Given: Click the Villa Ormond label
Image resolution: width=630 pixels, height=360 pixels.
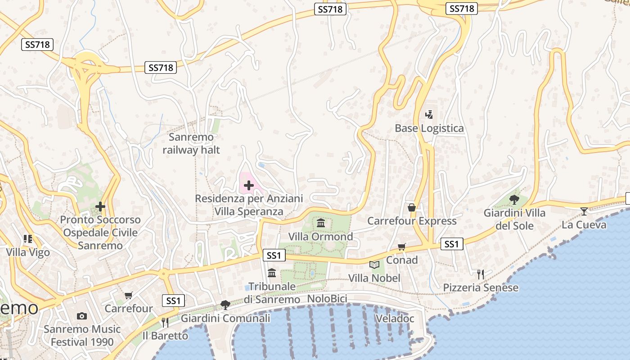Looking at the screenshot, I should (x=320, y=237).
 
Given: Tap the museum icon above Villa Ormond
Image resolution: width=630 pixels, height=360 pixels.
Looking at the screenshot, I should (x=321, y=223).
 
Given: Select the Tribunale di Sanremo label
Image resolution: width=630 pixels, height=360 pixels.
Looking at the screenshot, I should (x=272, y=292).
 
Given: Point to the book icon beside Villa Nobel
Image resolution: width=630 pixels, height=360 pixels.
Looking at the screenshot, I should (x=374, y=265).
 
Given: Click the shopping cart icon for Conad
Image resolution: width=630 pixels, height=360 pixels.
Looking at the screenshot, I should (x=402, y=247).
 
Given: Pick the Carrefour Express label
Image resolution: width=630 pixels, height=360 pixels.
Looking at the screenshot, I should (x=412, y=221).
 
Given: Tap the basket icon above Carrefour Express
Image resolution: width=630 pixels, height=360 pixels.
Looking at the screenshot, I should (x=412, y=207).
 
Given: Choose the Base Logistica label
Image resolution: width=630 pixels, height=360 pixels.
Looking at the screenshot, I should (x=429, y=128).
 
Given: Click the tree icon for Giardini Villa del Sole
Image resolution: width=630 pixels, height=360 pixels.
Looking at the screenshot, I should (x=514, y=199).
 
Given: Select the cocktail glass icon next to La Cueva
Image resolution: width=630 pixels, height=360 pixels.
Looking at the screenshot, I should (x=584, y=211).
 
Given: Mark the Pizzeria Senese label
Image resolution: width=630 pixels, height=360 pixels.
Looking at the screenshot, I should (x=481, y=288).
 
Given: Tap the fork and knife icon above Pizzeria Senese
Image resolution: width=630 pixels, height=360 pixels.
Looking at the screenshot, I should (x=481, y=274).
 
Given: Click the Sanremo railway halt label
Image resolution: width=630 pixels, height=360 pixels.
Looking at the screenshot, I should (x=191, y=143).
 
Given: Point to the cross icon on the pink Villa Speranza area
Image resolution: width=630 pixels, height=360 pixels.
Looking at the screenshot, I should (x=249, y=185).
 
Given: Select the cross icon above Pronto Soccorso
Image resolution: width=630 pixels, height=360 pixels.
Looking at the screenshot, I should (x=100, y=207).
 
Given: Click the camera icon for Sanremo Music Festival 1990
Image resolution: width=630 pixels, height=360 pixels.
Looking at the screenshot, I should (x=82, y=316).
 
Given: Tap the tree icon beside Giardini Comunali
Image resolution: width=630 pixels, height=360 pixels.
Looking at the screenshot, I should (x=225, y=305).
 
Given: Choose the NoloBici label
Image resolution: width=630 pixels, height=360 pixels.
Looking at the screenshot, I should (x=327, y=299).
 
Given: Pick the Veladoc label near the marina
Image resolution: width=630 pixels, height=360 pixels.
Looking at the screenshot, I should (x=395, y=319).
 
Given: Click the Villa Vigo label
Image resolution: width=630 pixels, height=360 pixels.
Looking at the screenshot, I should (x=28, y=252).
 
